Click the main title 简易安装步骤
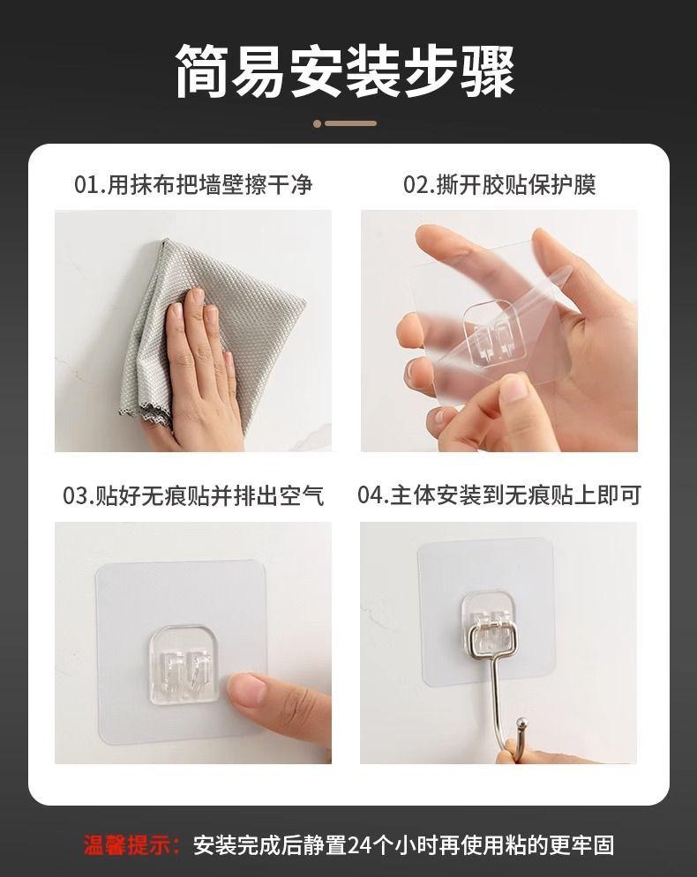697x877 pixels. point(346,71)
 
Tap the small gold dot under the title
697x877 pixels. point(318,123)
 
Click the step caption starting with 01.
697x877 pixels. point(193,184)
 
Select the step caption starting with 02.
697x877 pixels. point(499,184)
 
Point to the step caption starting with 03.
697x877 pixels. point(193,495)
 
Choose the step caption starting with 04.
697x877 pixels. point(499,495)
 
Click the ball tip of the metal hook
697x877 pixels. point(521,723)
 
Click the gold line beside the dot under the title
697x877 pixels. point(351,123)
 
